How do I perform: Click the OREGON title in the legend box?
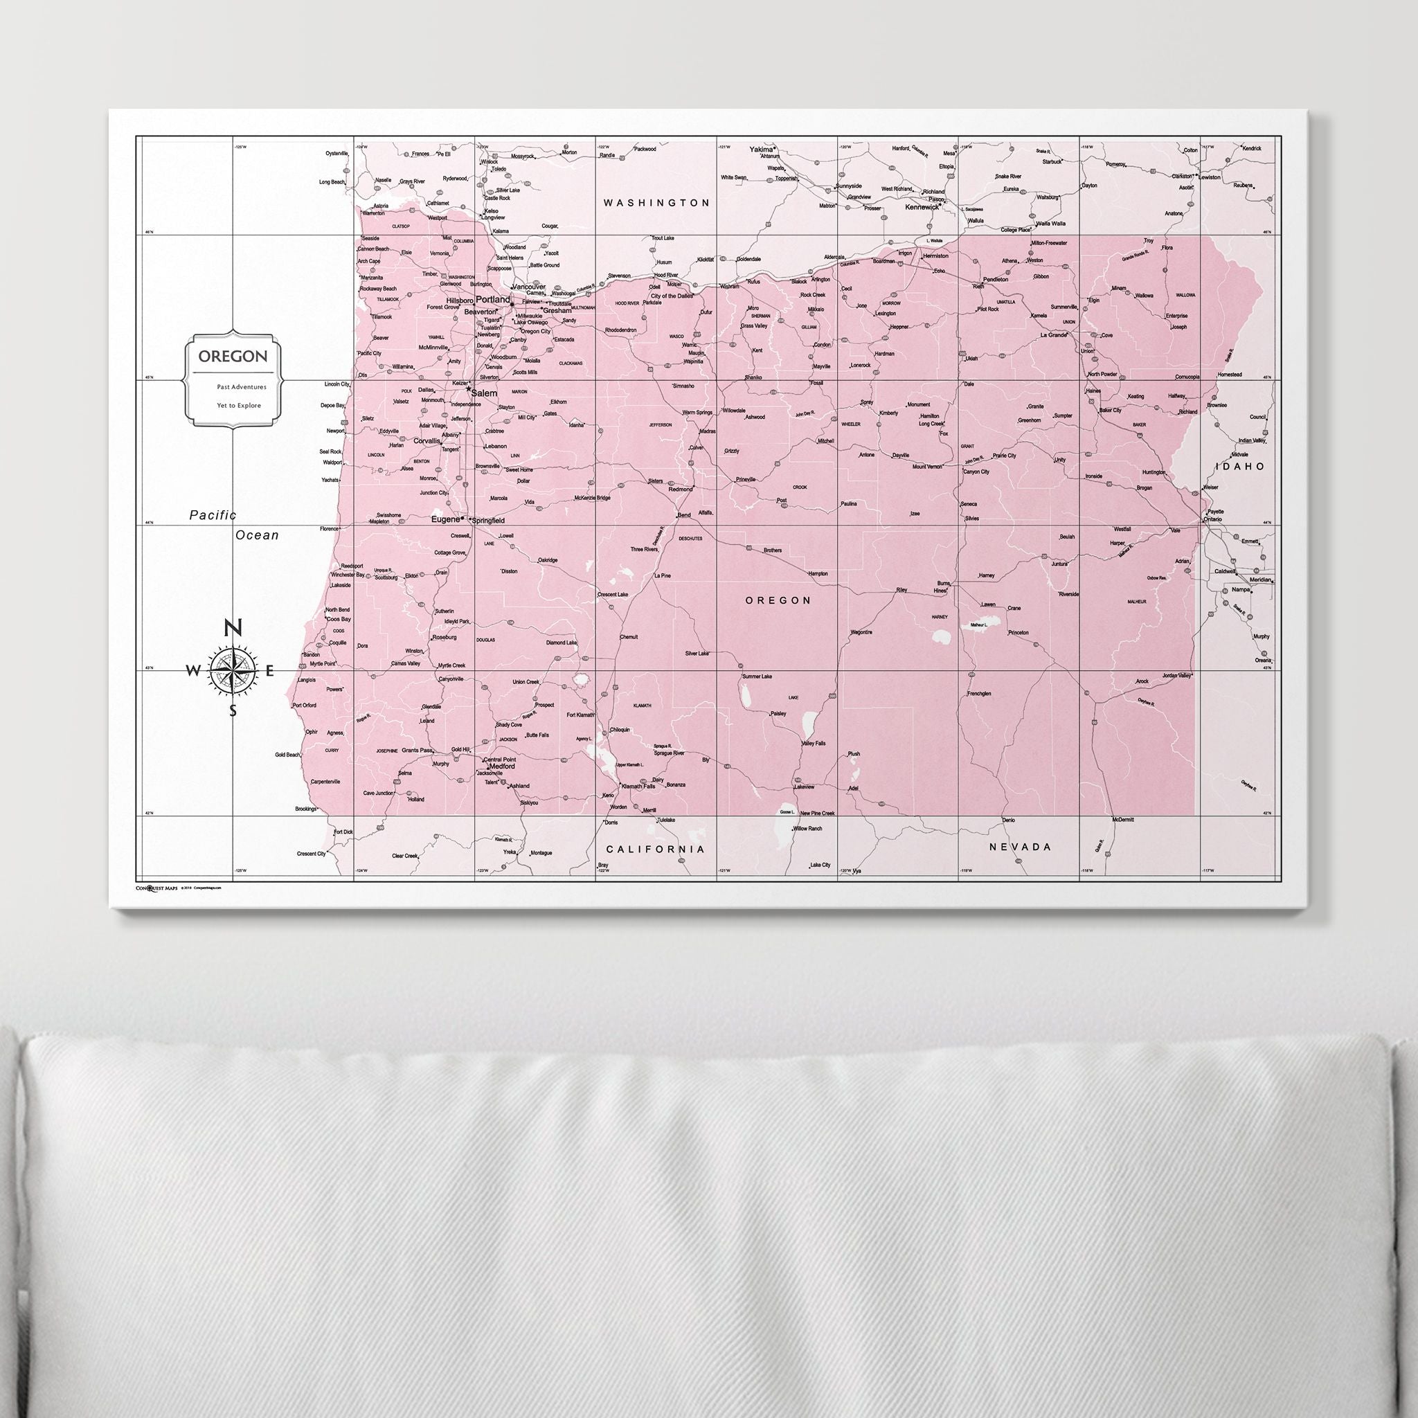(233, 357)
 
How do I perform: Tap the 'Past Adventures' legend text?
(242, 387)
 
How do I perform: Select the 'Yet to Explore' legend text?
(239, 405)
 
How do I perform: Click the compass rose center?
(233, 670)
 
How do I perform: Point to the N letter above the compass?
(233, 628)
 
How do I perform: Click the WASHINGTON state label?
(656, 203)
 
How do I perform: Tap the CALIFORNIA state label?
(655, 849)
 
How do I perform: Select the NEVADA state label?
(1020, 847)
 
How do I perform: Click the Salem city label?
(484, 393)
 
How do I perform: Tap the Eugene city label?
(444, 519)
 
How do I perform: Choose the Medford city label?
(502, 766)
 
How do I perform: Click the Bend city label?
(683, 515)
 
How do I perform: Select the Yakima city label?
(761, 149)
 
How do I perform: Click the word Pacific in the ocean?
(213, 515)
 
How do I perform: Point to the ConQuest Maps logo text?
(156, 888)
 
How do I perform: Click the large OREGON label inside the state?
(778, 600)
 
